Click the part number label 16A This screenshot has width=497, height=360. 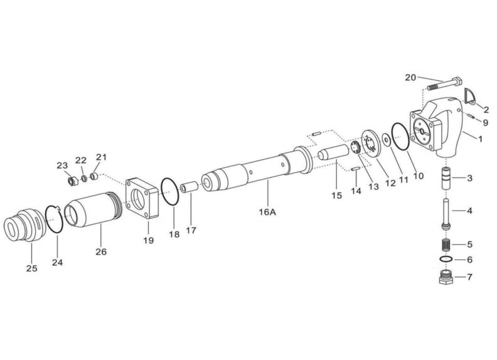pyautogui.click(x=267, y=212)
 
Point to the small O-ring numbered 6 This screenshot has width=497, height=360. pyautogui.click(x=446, y=259)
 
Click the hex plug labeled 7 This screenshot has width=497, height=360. pyautogui.click(x=446, y=277)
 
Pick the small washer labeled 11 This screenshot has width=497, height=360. pyautogui.click(x=387, y=140)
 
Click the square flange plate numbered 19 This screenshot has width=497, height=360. pyautogui.click(x=142, y=199)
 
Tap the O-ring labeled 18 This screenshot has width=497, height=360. pyautogui.click(x=170, y=192)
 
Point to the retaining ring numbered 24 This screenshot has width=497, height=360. pyautogui.click(x=54, y=220)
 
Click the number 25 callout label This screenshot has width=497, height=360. pyautogui.click(x=32, y=268)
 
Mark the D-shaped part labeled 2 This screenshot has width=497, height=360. pyautogui.click(x=471, y=96)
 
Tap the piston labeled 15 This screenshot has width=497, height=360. pyautogui.click(x=333, y=152)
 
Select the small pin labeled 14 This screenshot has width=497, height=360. pyautogui.click(x=355, y=169)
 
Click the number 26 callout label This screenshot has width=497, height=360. pyautogui.click(x=101, y=252)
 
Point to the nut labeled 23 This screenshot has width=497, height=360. pyautogui.click(x=73, y=181)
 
